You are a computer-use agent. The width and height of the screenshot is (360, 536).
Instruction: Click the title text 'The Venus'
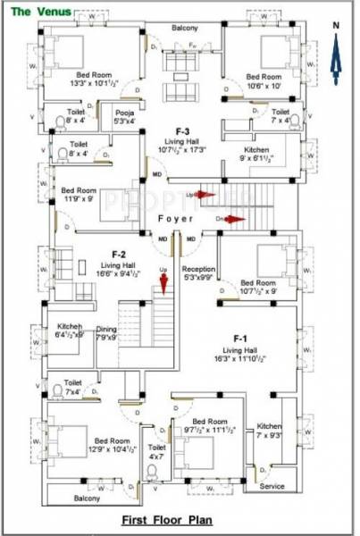pyautogui.click(x=36, y=11)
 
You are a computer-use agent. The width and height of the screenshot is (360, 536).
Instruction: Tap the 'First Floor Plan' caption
pyautogui.click(x=178, y=517)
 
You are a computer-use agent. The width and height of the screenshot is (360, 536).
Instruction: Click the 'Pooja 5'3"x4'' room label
pyautogui.click(x=124, y=117)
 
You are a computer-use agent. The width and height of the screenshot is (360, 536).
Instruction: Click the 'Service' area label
pyautogui.click(x=272, y=486)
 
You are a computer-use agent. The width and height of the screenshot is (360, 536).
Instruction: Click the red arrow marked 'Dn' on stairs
pyautogui.click(x=234, y=217)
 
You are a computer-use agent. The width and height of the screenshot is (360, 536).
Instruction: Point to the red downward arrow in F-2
pyautogui.click(x=164, y=284)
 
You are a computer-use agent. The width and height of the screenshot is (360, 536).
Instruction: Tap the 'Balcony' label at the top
pyautogui.click(x=185, y=29)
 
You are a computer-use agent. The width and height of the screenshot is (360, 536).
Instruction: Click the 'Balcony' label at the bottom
pyautogui.click(x=87, y=498)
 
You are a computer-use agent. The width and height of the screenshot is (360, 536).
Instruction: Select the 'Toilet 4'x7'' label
pyautogui.click(x=157, y=452)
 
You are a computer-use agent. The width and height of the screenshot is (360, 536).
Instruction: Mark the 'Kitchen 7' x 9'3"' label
pyautogui.click(x=269, y=431)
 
